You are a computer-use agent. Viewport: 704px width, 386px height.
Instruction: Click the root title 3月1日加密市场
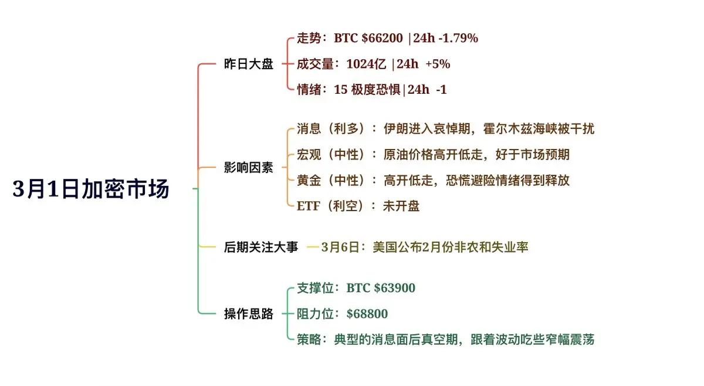pos(91,189)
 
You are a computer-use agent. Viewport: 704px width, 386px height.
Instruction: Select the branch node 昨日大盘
pos(249,64)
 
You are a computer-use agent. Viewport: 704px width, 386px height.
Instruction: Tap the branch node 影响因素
pos(249,168)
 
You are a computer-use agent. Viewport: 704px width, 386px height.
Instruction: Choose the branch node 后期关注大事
pos(261,247)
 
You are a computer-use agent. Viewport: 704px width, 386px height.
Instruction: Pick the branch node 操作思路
pos(249,314)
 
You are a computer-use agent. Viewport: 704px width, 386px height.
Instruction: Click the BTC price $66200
pos(382,38)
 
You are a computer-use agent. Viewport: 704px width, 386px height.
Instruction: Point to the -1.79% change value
pos(458,38)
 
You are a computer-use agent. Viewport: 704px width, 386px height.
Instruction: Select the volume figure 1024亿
pos(366,64)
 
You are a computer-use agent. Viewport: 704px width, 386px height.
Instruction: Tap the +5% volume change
pos(438,64)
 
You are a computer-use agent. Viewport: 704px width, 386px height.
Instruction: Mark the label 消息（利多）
pos(331,129)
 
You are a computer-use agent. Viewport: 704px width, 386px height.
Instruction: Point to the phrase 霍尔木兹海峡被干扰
pos(539,129)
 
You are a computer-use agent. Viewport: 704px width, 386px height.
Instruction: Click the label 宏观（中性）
pos(331,155)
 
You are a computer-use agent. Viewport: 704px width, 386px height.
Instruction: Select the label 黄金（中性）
pos(331,181)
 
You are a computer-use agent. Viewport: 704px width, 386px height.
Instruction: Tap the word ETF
pos(309,206)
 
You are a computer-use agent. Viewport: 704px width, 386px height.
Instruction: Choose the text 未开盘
pos(401,206)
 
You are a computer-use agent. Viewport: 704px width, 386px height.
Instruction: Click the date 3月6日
pos(340,248)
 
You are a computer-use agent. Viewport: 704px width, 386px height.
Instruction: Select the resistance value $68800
pos(367,314)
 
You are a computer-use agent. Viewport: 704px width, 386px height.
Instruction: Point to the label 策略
pos(309,340)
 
